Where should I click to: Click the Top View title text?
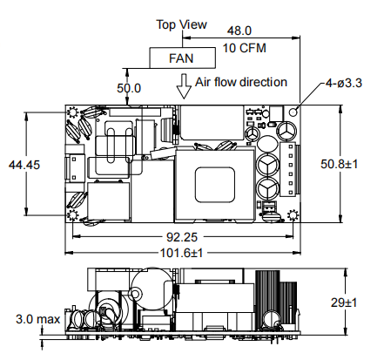[182, 24]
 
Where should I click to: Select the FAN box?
[183, 58]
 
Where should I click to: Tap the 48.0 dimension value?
[239, 31]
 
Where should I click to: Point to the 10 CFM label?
[245, 48]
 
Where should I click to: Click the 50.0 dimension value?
[129, 88]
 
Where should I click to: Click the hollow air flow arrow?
[184, 86]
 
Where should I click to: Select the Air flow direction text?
[241, 82]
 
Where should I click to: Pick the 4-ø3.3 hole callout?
[344, 84]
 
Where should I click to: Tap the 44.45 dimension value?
[24, 165]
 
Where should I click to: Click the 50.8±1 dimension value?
[339, 164]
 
